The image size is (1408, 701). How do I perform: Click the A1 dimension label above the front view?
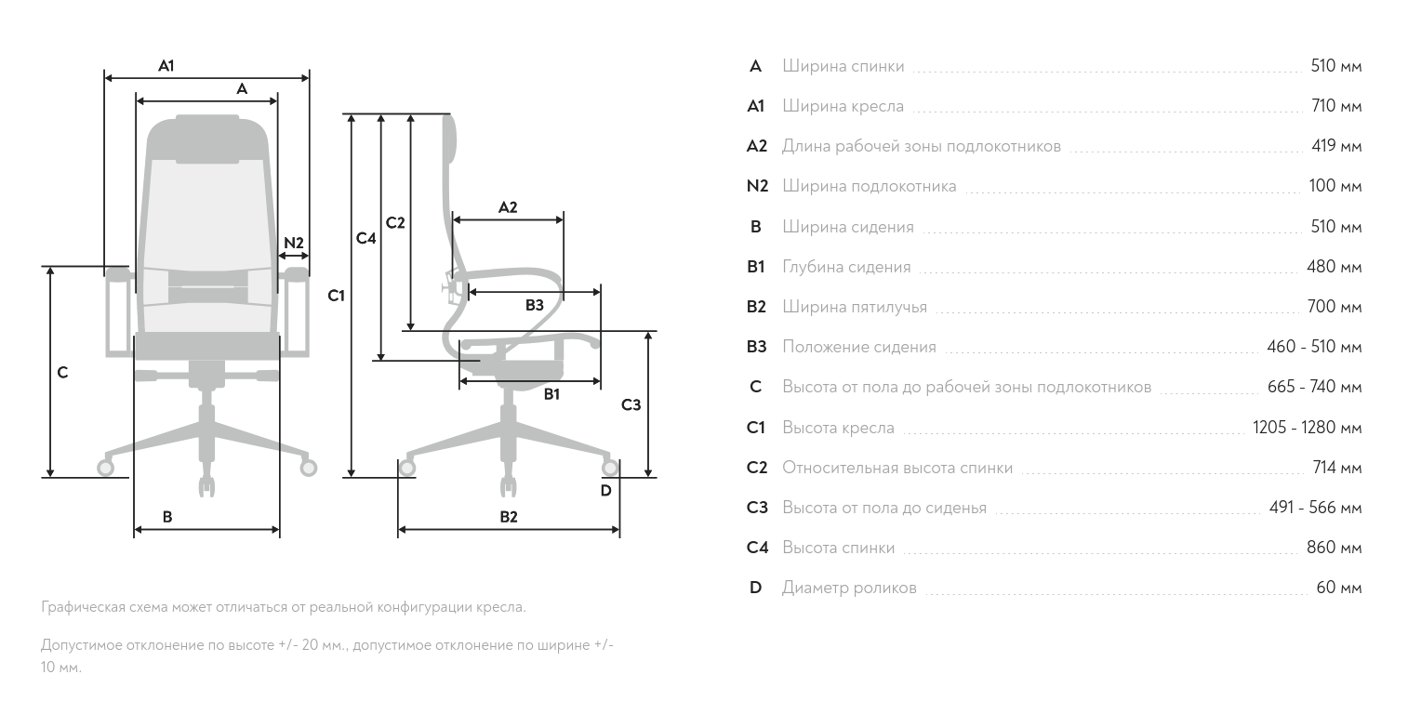tap(166, 66)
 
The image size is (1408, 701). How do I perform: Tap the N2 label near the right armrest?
tap(294, 243)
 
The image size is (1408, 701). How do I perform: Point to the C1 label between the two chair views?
tap(337, 297)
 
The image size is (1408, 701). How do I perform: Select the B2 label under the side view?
tap(508, 517)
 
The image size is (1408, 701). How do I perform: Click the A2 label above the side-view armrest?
tap(508, 207)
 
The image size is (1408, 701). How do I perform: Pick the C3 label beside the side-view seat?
tap(631, 404)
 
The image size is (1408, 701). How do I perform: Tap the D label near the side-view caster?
tap(605, 490)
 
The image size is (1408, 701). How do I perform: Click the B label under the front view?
tap(167, 517)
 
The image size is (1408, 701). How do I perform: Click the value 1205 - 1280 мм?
tap(1307, 428)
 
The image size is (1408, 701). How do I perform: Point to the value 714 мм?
tap(1337, 467)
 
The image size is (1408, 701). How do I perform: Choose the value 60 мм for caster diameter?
tap(1339, 588)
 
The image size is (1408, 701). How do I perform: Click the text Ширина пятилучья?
tap(854, 307)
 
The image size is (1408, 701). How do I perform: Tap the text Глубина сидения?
tap(846, 268)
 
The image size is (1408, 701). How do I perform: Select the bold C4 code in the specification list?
tap(757, 548)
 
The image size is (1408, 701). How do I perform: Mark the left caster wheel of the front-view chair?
tap(106, 469)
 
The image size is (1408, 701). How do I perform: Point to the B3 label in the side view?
tap(534, 305)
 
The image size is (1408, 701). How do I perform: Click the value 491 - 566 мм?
tap(1315, 508)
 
